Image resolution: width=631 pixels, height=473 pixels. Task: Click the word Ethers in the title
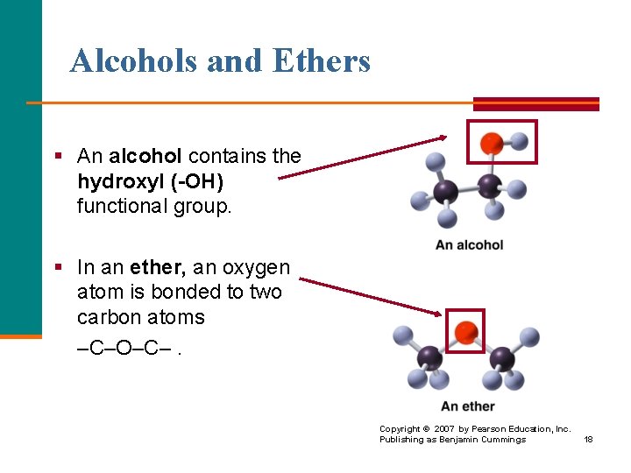coord(322,61)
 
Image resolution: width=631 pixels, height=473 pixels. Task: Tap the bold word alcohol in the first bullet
coord(145,157)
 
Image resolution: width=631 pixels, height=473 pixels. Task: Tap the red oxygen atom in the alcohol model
coord(493,142)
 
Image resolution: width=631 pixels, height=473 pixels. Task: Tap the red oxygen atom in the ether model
coord(466,332)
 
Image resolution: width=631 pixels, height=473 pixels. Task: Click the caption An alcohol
coord(469,244)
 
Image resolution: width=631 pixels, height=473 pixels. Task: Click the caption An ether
coord(467,406)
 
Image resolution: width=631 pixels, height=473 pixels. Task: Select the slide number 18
coord(588,439)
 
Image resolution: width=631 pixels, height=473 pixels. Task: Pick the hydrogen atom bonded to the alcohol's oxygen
coord(519,139)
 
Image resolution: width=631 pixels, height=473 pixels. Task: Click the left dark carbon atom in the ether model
coord(429,357)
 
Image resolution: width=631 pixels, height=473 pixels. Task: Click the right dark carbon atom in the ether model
coord(501,357)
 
